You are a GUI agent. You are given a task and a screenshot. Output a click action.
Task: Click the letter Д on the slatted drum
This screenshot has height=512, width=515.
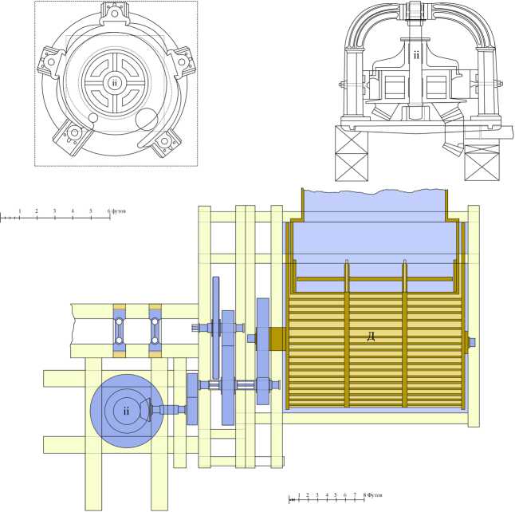(x=371, y=337)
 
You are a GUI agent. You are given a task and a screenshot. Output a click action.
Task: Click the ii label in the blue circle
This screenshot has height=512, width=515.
(x=127, y=411)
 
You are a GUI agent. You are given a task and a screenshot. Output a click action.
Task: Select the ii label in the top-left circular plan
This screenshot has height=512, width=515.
(x=114, y=82)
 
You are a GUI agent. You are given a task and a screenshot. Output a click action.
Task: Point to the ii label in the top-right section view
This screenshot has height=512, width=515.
(x=416, y=55)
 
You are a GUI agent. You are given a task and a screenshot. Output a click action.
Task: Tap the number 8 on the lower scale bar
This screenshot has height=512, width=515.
(x=364, y=494)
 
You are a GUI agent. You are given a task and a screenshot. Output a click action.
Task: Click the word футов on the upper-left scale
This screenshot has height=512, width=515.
(x=119, y=211)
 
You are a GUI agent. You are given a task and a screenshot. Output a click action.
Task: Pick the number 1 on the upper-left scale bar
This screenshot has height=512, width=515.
(x=20, y=211)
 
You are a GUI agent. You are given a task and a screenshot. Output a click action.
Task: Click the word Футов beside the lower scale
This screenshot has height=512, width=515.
(x=375, y=494)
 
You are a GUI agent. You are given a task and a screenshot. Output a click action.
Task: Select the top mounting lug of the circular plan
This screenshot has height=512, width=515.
(x=115, y=14)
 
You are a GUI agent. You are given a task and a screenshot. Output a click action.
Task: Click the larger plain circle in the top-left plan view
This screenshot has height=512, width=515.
(x=147, y=120)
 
